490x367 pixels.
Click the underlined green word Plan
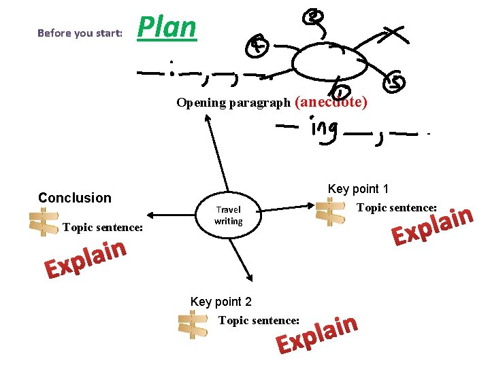pyautogui.click(x=167, y=28)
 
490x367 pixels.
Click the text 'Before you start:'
pyautogui.click(x=80, y=33)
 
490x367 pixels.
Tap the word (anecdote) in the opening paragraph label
pyautogui.click(x=331, y=102)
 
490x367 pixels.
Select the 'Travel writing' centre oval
pyautogui.click(x=228, y=215)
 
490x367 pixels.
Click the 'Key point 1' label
pyautogui.click(x=358, y=189)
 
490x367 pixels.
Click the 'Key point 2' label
pyautogui.click(x=221, y=302)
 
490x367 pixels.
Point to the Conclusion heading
pyautogui.click(x=74, y=198)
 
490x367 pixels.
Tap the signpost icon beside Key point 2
pyautogui.click(x=193, y=324)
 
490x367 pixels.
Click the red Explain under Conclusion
pyautogui.click(x=86, y=260)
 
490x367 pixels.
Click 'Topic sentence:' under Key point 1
pyautogui.click(x=397, y=207)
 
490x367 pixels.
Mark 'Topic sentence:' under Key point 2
pyautogui.click(x=259, y=320)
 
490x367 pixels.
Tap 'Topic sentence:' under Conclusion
pyautogui.click(x=102, y=227)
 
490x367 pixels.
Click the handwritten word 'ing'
pyautogui.click(x=323, y=130)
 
